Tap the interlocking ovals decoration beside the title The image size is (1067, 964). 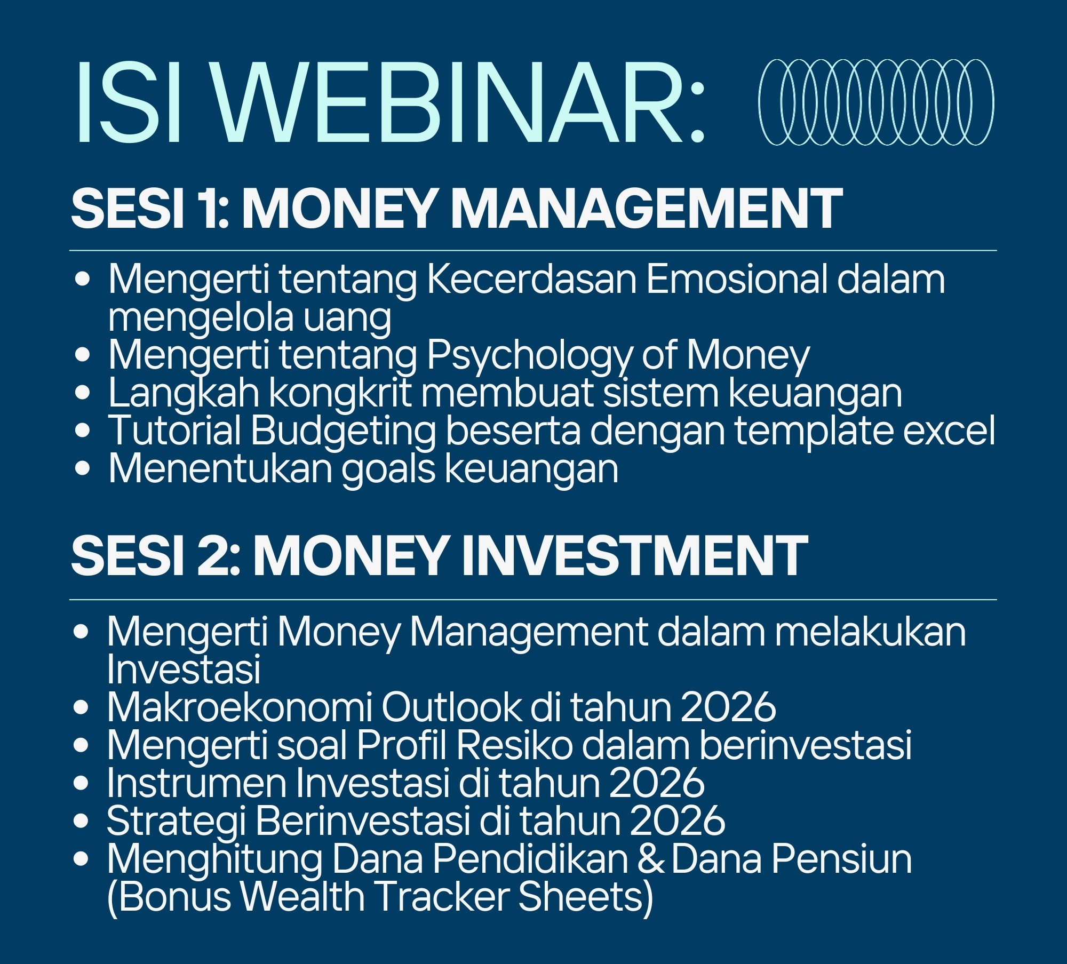(876, 102)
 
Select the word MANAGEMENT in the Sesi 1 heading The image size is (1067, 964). (648, 209)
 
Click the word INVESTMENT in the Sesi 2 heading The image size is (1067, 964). (634, 556)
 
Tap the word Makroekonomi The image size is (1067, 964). (239, 707)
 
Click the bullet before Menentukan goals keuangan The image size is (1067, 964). (83, 468)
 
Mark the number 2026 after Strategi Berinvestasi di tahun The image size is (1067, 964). (678, 821)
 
